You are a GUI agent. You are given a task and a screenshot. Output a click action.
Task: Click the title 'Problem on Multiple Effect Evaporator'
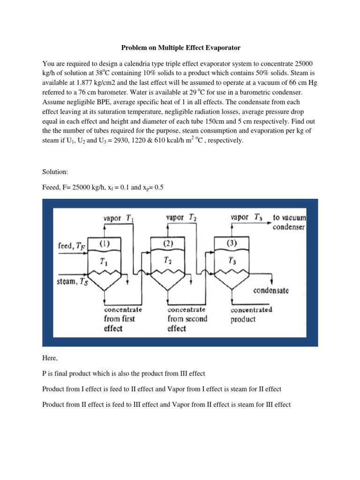coord(180,48)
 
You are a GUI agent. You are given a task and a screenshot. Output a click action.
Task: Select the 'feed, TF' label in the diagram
coord(71,246)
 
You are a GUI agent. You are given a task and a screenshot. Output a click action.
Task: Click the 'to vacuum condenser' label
coord(289,223)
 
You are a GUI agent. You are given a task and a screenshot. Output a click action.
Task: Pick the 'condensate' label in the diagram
coord(271,291)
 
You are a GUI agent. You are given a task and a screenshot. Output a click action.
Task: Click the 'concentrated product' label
coord(251,315)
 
